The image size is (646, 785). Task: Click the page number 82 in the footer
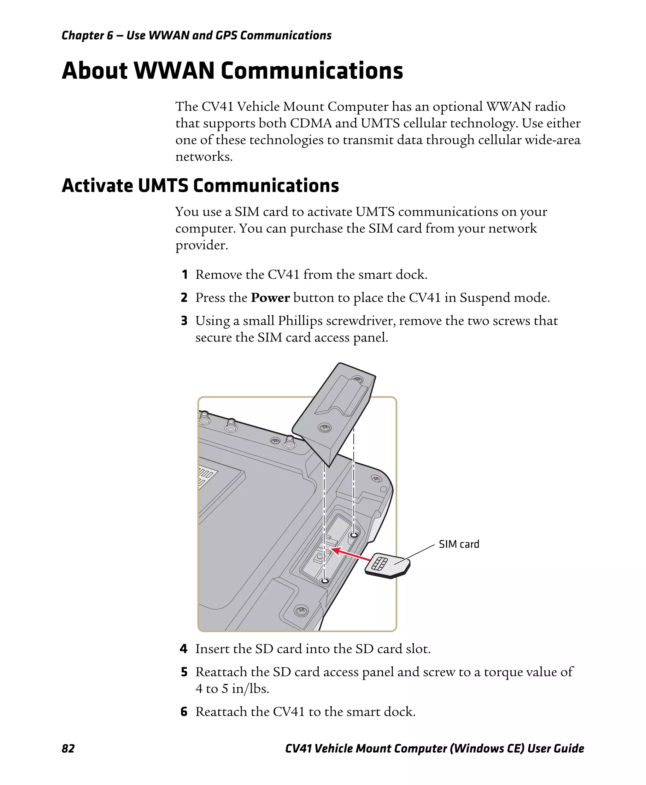pos(68,748)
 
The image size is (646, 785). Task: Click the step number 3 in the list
pos(184,321)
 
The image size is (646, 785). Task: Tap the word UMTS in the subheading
pos(163,186)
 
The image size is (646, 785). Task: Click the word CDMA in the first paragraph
pos(311,123)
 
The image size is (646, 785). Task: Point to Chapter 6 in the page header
pos(87,35)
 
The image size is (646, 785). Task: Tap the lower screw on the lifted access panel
pos(325,428)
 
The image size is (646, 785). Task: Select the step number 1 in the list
pos(185,275)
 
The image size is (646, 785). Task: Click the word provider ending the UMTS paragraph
pos(201,245)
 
